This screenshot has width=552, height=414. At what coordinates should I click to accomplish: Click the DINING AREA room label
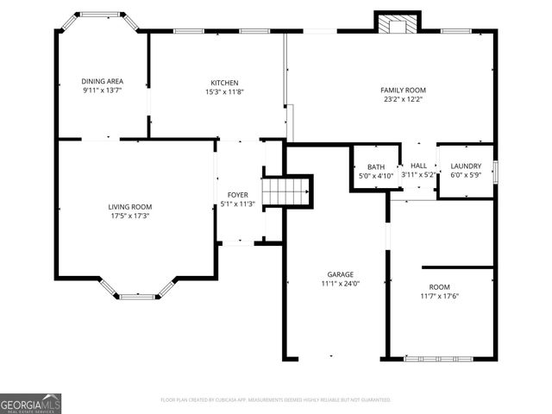[x=102, y=81]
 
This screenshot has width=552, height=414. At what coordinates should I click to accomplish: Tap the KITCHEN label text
[x=222, y=83]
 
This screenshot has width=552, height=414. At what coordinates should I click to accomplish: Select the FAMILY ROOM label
[x=404, y=90]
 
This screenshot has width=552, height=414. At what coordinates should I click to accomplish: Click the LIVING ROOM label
[x=130, y=207]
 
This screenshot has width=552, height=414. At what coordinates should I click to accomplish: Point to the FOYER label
[x=238, y=196]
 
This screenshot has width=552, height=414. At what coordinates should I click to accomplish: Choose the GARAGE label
[x=340, y=274]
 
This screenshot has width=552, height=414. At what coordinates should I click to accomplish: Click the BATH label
[x=376, y=167]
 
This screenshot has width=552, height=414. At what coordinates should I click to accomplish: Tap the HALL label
[x=419, y=166]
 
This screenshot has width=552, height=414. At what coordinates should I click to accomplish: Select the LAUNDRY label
[x=466, y=166]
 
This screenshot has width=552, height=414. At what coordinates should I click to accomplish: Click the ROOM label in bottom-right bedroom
[x=439, y=287]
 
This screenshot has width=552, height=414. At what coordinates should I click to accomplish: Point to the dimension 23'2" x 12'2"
[x=404, y=99]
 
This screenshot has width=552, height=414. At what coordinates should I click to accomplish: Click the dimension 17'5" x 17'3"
[x=130, y=216]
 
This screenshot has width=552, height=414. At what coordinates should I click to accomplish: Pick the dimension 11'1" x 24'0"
[x=340, y=284]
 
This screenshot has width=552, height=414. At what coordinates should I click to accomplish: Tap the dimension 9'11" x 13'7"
[x=102, y=91]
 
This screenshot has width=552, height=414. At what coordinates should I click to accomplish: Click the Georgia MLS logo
[x=30, y=404]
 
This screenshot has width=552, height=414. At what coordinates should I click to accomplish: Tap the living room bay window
[x=136, y=296]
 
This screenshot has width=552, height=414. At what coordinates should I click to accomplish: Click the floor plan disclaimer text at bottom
[x=276, y=400]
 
